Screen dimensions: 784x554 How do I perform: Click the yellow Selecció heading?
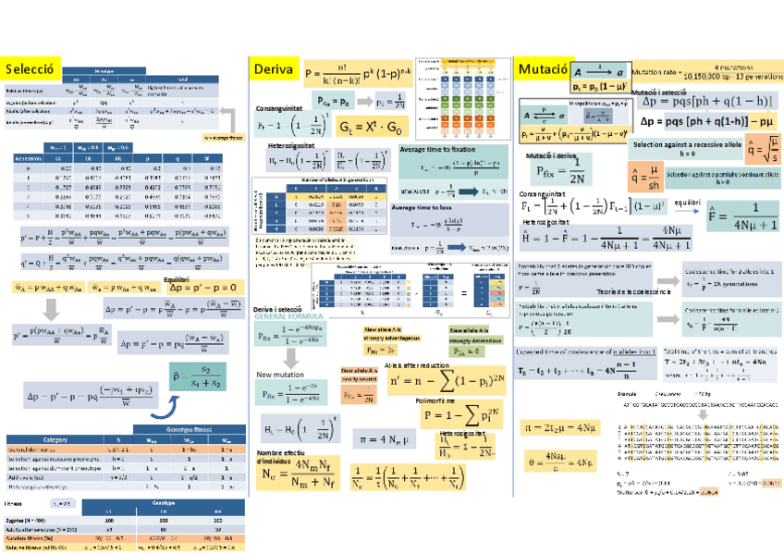coord(31,68)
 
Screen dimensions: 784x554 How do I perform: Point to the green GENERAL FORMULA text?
coord(286,316)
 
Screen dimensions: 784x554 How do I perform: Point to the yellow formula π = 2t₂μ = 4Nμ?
coord(560,426)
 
